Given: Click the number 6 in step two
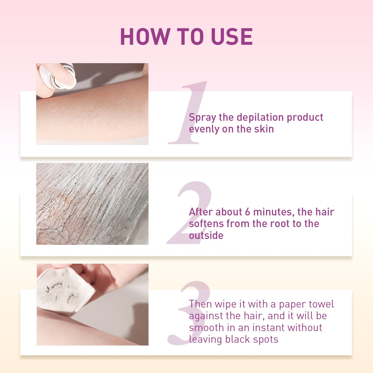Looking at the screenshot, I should click(247, 212).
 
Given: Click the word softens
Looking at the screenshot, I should click(207, 224).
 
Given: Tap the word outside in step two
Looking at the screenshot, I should click(206, 236).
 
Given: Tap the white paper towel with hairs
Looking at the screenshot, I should click(64, 290).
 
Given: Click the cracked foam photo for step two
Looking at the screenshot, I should click(92, 204).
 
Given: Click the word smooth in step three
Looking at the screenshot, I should click(205, 327).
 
